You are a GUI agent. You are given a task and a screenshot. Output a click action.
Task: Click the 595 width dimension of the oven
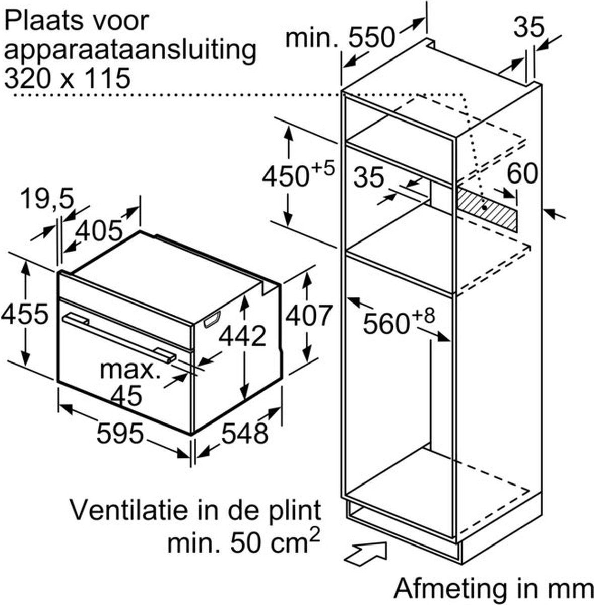[120, 433]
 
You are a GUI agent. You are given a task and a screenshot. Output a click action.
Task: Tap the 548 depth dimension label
[245, 433]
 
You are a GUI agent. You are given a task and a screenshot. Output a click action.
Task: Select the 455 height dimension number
[25, 313]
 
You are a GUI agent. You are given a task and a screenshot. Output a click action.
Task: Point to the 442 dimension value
[242, 336]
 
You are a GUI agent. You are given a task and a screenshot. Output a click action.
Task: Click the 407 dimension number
[308, 315]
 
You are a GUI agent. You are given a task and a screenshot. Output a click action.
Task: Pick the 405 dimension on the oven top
[99, 231]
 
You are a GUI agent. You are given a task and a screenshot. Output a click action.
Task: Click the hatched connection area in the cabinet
[487, 209]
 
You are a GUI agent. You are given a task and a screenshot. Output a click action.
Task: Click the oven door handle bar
[119, 339]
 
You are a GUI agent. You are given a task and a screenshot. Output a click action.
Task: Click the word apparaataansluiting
[130, 52]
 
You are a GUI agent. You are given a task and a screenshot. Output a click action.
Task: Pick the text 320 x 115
[67, 78]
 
